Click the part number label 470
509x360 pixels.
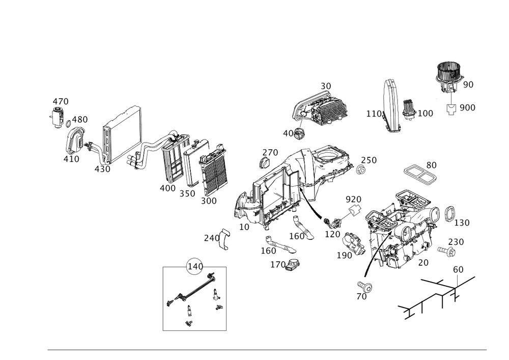tap(61, 102)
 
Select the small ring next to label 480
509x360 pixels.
tap(68, 124)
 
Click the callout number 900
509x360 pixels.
tap(467, 107)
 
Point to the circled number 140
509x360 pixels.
tap(195, 266)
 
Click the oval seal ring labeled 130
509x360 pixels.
tap(449, 214)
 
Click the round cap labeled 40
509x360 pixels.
tap(298, 133)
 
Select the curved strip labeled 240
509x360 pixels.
tap(224, 239)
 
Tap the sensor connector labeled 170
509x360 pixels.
tap(293, 264)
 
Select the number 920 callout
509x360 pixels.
tap(354, 199)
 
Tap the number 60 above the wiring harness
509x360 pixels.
tap(458, 269)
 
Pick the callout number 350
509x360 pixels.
tap(187, 193)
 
